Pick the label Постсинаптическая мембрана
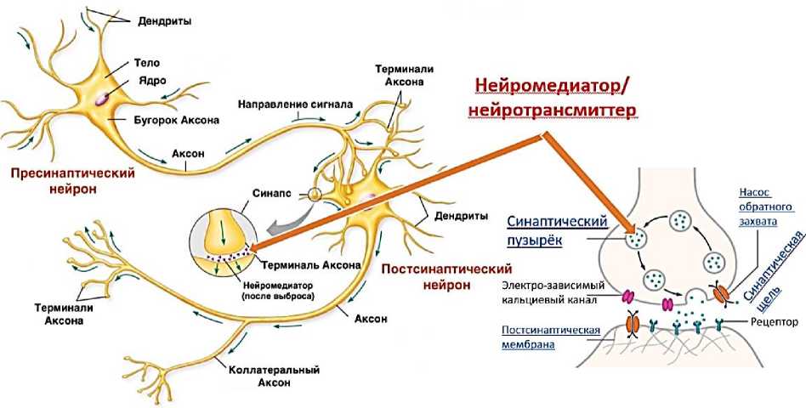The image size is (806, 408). tap(552, 337)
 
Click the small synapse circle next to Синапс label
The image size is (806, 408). tap(315, 195)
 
